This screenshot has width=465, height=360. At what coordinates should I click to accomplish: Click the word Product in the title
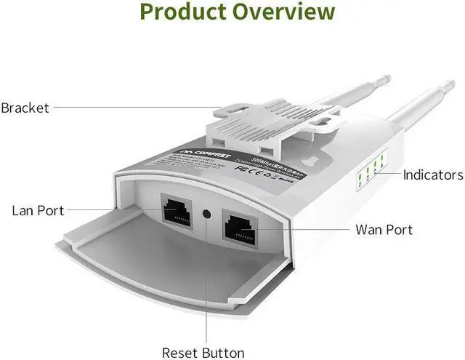pyautogui.click(x=185, y=12)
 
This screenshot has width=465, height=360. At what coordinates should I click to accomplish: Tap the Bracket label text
pyautogui.click(x=25, y=108)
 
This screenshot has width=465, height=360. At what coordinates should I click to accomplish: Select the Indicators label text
pyautogui.click(x=433, y=175)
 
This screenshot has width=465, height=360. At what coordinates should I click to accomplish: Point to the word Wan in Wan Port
pyautogui.click(x=369, y=230)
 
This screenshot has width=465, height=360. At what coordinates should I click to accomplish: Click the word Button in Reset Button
pyautogui.click(x=223, y=353)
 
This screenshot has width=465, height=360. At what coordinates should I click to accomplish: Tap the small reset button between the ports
pyautogui.click(x=209, y=215)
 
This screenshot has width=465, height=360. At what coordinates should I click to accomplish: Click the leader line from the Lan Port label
pyautogui.click(x=109, y=211)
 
